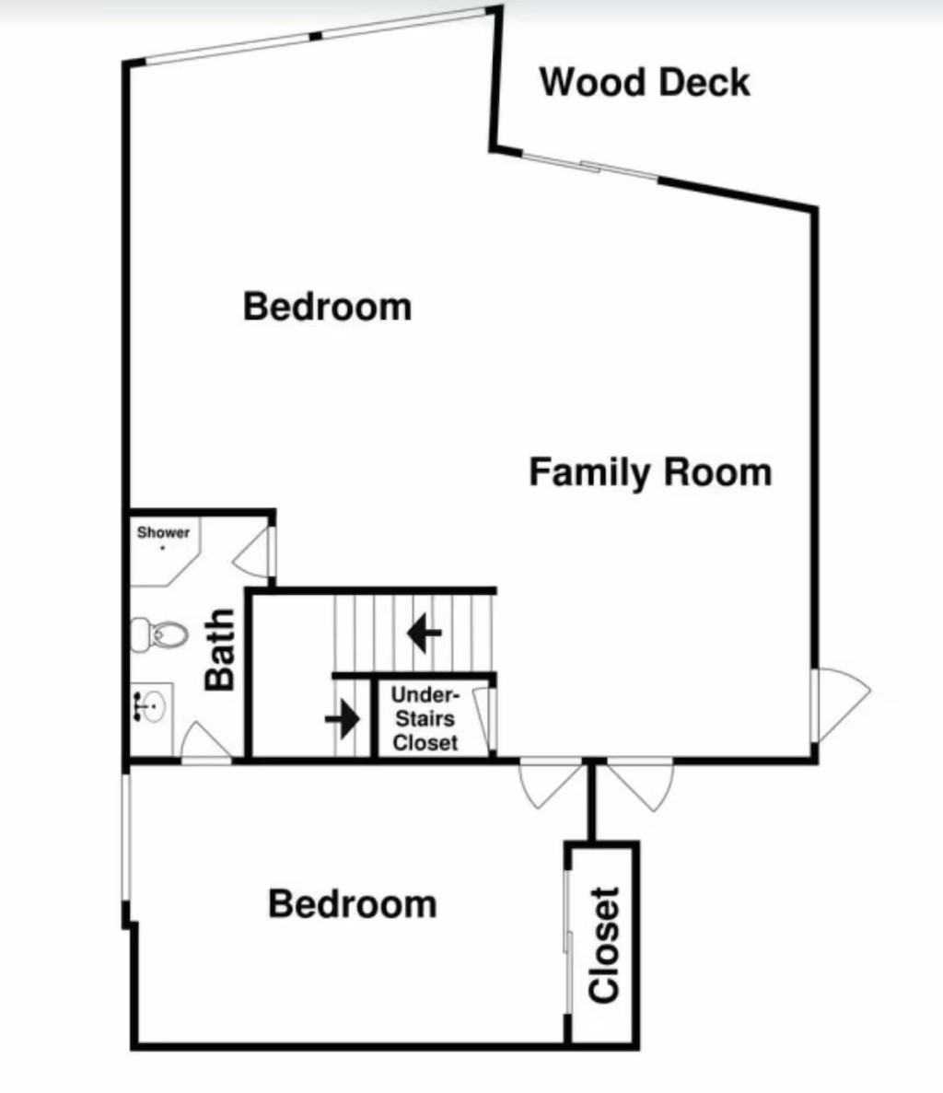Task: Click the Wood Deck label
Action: coord(645,82)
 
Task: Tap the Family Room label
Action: coord(650,472)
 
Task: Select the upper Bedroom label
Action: coord(328,307)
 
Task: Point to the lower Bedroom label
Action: coord(353,904)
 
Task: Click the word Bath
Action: coord(219,649)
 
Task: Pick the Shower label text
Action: coord(163,532)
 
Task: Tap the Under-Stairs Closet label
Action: coord(425,718)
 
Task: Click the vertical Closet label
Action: coord(604,946)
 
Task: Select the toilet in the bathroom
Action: coord(159,634)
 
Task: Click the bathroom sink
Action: coord(150,706)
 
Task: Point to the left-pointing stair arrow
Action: coord(424,633)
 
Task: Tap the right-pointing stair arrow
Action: coord(343,718)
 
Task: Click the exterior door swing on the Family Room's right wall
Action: coord(840,705)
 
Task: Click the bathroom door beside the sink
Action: coord(205,743)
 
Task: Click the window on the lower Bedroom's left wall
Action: coord(126,837)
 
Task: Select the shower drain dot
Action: coord(163,548)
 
